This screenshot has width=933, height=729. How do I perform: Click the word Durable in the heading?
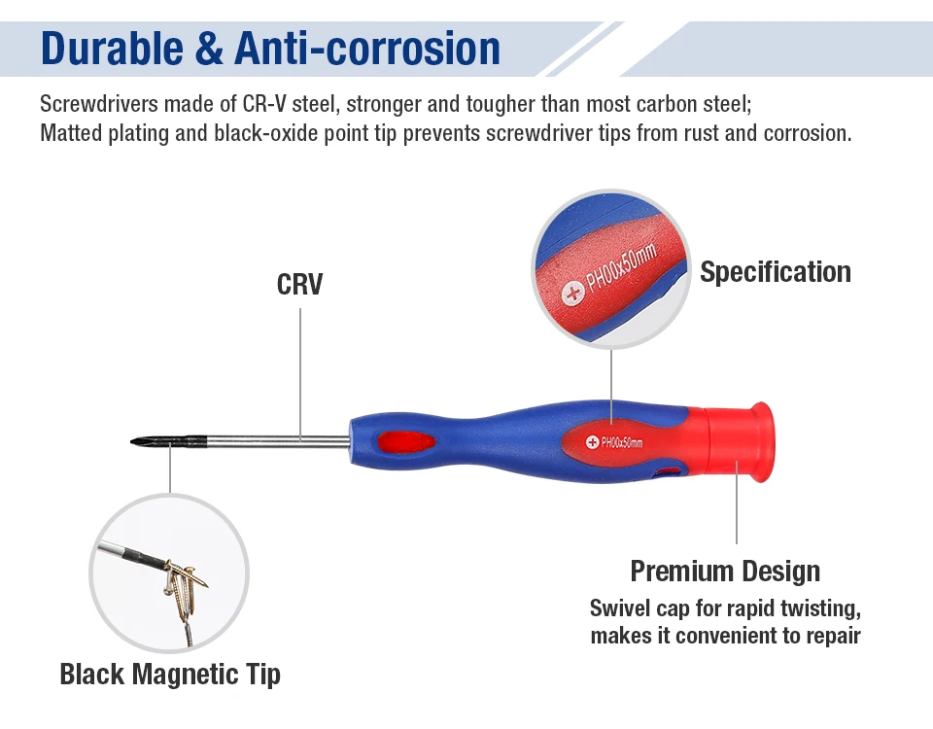tap(112, 49)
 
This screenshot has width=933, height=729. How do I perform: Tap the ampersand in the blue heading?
tap(208, 49)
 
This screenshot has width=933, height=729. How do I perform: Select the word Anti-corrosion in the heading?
tap(366, 49)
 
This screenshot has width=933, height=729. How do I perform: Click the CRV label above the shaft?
tap(300, 284)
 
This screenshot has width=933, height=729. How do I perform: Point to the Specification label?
tap(776, 272)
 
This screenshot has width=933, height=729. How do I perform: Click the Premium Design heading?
tap(725, 571)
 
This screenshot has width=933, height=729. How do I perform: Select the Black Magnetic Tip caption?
tap(170, 675)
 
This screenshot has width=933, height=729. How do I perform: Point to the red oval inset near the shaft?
tap(406, 443)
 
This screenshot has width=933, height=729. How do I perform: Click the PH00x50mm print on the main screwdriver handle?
tap(622, 442)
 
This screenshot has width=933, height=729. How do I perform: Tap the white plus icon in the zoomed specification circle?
tap(573, 293)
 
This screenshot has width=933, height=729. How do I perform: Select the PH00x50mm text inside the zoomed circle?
tap(621, 267)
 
